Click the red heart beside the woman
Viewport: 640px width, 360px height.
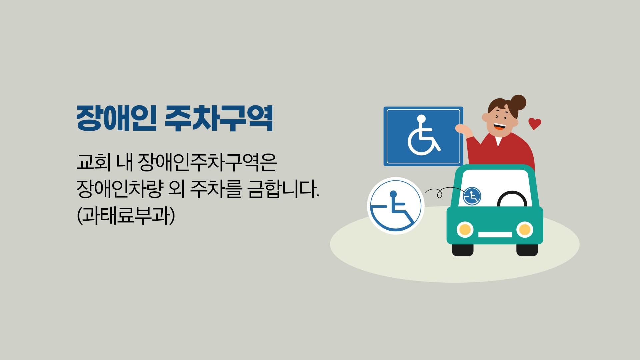(535, 124)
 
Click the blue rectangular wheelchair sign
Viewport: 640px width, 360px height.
(423, 136)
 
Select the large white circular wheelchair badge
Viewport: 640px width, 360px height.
(396, 206)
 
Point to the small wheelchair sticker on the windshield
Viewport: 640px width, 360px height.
(472, 196)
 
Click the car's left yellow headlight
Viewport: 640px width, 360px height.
(465, 229)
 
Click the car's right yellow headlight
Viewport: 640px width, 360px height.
(525, 229)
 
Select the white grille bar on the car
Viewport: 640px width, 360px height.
(495, 235)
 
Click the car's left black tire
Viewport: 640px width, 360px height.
(463, 250)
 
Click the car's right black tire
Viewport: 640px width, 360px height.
(527, 250)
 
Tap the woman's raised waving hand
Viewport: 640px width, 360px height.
(464, 130)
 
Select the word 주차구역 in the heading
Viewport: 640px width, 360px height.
(219, 118)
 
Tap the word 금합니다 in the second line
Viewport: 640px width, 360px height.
(284, 189)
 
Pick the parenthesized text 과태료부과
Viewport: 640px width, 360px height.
(126, 216)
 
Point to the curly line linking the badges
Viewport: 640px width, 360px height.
(443, 192)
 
